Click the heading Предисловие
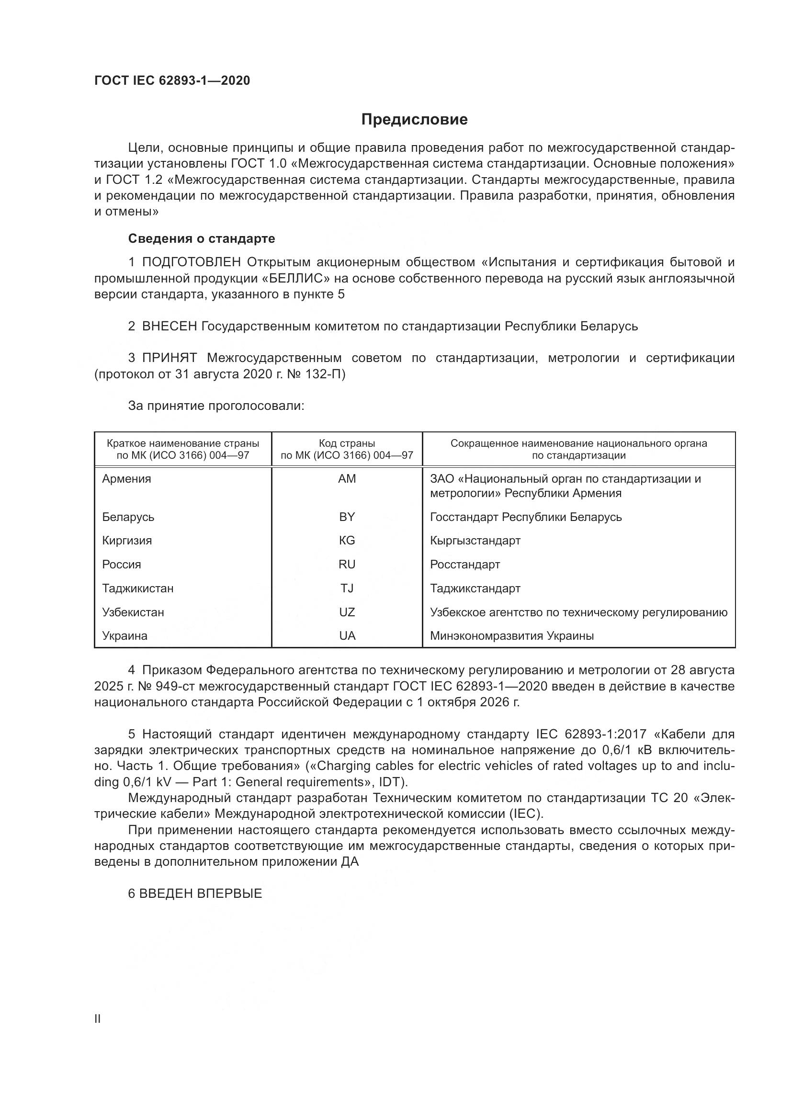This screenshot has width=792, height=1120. pos(414,120)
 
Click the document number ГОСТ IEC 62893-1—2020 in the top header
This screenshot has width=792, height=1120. pos(172,80)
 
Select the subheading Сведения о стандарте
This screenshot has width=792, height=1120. pos(202,238)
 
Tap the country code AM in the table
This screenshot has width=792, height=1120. pos(347,478)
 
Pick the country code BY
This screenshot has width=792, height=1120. pos(347,517)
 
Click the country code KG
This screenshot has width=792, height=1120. pos(347,541)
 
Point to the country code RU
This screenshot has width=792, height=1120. pos(347,565)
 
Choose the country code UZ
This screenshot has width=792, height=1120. pos(347,612)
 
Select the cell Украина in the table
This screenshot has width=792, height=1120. pos(125,635)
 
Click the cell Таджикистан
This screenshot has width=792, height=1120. pos(137,588)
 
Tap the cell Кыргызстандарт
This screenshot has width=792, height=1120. pos(475,541)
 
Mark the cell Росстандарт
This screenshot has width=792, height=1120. pos(465,565)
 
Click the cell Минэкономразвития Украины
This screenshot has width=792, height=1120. pos(511,635)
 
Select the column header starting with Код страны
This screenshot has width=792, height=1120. pos(347,449)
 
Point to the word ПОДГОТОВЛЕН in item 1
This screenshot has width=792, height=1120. pos(191,262)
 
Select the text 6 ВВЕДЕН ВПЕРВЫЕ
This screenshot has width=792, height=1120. pos(195,894)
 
